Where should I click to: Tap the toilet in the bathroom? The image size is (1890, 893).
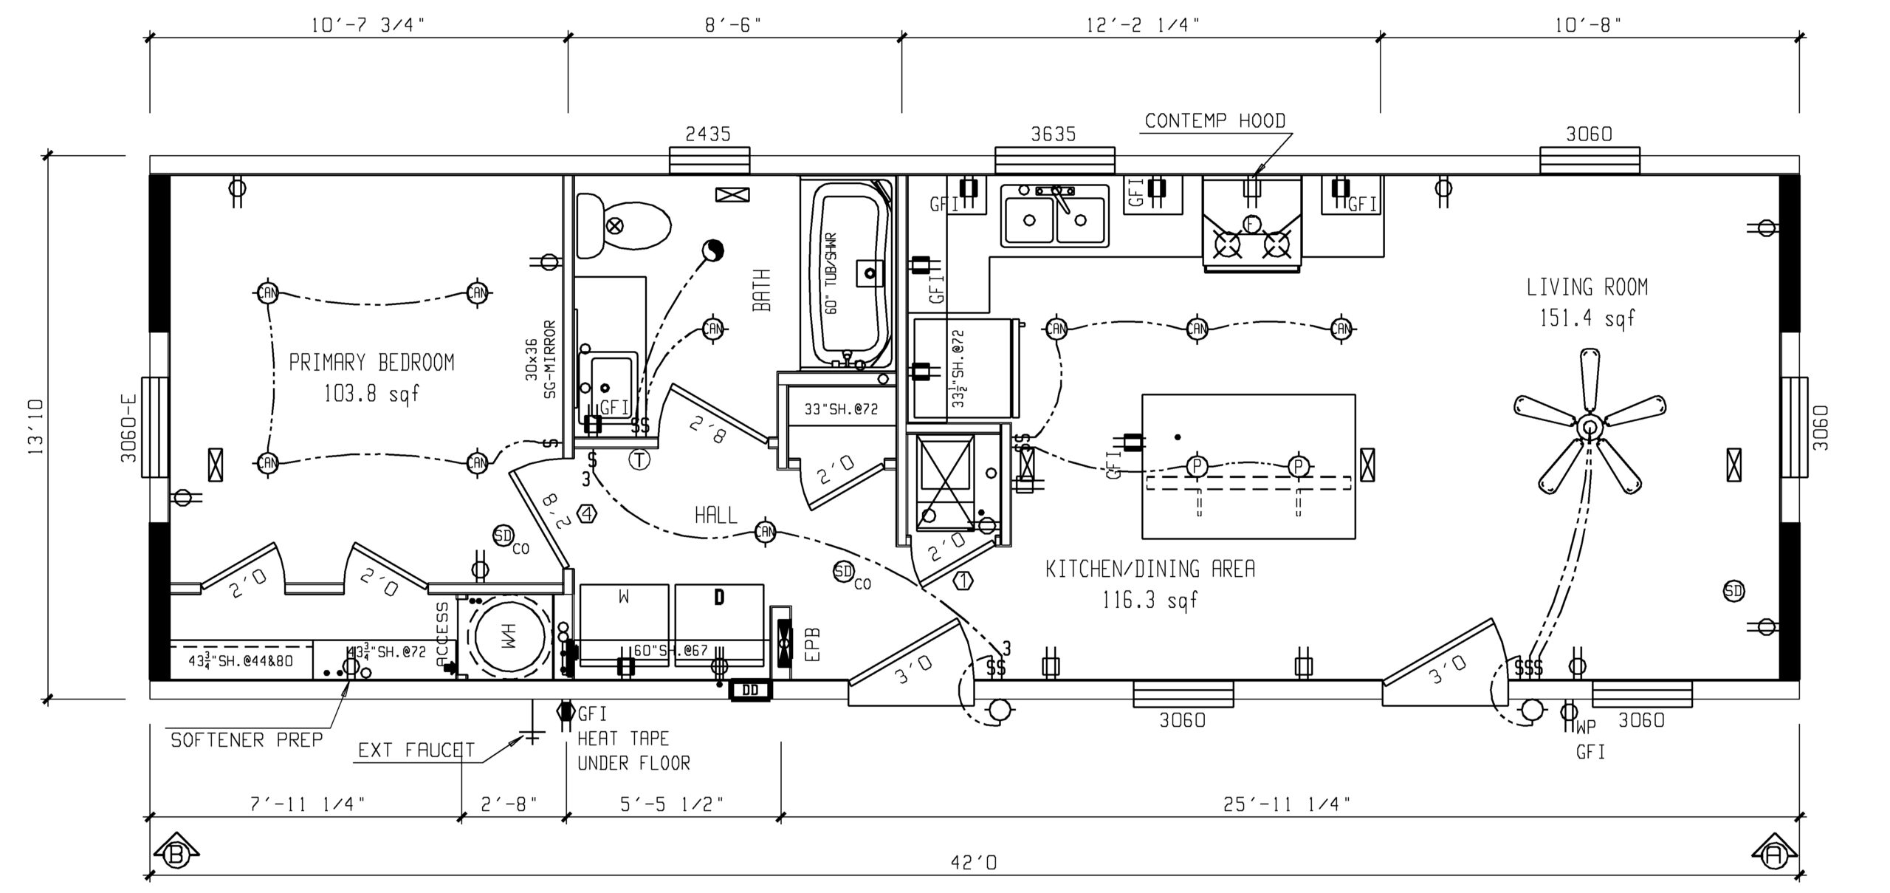624,225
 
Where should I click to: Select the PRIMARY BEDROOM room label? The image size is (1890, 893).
371,363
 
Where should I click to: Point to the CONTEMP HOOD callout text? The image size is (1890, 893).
1214,121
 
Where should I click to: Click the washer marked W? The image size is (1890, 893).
624,613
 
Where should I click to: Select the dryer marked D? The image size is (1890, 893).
719,613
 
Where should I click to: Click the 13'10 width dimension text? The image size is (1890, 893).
35,427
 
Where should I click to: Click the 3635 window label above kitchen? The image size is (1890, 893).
1054,134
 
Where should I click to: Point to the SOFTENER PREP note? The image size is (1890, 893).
247,740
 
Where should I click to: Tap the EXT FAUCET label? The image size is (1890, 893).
416,751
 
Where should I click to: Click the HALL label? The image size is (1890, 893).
715,516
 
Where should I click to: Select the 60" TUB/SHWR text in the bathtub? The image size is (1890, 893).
832,273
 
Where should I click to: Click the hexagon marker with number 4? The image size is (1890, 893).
588,513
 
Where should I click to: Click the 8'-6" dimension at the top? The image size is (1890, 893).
732,26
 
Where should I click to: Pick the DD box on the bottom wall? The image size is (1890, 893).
750,691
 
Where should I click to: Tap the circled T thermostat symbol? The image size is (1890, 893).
639,460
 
